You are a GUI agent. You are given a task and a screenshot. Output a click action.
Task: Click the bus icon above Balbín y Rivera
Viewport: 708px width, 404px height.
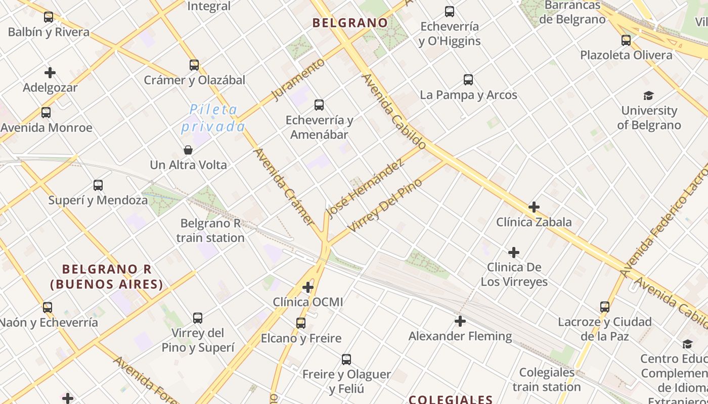coord(49,17)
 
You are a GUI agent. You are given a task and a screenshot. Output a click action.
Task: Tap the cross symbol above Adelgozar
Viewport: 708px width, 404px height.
coord(50,73)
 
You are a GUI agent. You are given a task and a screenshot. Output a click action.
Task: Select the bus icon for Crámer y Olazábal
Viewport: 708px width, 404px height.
coord(194,65)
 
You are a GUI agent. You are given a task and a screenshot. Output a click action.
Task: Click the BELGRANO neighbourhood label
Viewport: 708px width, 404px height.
coord(350,23)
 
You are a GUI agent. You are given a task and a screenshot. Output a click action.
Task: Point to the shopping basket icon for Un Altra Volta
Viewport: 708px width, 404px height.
coord(188,150)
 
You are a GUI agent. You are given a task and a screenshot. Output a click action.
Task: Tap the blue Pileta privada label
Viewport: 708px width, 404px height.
coord(213,118)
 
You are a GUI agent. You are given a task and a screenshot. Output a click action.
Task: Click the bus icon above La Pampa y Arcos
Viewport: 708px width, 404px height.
coord(468,80)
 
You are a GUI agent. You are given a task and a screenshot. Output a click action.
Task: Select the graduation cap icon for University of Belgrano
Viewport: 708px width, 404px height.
coord(649,95)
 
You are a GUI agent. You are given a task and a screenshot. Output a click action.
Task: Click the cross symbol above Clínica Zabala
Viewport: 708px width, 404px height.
coord(534,207)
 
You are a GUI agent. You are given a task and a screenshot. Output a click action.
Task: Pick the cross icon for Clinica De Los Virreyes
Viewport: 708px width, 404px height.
coord(514,252)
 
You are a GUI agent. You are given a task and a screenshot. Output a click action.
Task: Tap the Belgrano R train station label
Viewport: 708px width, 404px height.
coord(210,230)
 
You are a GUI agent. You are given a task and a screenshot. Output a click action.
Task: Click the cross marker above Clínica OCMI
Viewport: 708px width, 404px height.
coord(308,287)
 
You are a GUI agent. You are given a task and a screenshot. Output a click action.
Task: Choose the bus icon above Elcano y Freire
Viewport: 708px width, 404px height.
coord(301,323)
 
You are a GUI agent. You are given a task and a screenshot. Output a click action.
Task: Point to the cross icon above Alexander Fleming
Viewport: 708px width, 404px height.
coord(460,321)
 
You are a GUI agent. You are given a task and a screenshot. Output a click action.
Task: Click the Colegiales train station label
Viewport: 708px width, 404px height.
coord(547,380)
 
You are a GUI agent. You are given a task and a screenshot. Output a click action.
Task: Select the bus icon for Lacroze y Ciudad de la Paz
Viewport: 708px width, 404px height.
coord(605,307)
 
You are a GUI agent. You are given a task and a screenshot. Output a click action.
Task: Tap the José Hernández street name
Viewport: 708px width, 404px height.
coord(366,188)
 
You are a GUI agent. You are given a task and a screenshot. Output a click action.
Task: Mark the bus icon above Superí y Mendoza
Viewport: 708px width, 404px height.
coord(98,185)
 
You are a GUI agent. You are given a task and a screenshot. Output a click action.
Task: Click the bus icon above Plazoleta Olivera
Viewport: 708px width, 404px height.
coord(626,40)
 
